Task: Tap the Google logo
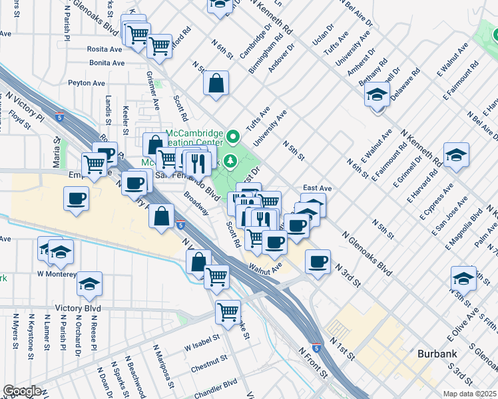(22, 390)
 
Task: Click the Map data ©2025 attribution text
(469, 394)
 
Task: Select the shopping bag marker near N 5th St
(216, 84)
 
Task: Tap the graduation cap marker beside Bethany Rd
(377, 95)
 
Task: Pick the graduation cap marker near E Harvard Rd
(456, 156)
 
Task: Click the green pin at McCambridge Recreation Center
(232, 138)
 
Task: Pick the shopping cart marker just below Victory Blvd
(228, 311)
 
